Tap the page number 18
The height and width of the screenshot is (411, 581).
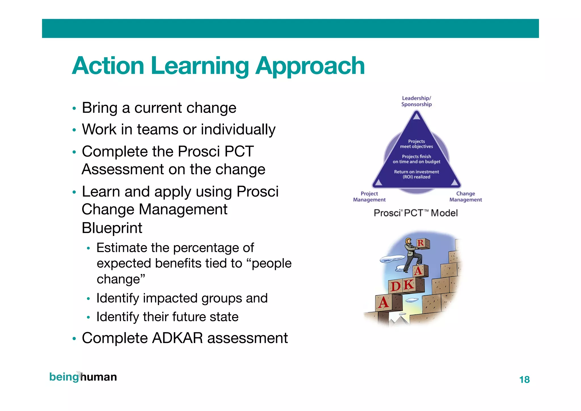tap(524, 379)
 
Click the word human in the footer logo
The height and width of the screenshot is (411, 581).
tap(99, 377)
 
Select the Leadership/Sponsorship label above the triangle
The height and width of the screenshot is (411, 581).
tap(416, 101)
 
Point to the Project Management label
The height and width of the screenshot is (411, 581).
tap(369, 197)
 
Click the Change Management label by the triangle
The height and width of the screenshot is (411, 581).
tap(466, 197)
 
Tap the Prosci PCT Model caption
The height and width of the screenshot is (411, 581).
tap(416, 213)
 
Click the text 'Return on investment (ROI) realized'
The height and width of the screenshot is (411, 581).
tap(416, 174)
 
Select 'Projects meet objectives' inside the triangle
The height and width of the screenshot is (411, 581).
tap(416, 144)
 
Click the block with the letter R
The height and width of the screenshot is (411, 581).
tap(422, 243)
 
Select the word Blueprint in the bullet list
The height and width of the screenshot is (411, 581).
tap(112, 228)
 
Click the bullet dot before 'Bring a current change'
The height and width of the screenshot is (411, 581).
tap(74, 109)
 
